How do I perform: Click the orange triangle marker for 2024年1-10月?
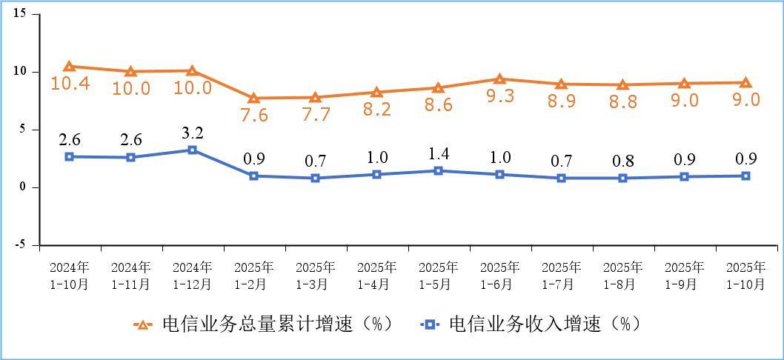click(69, 67)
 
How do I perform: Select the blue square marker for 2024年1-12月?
click(192, 150)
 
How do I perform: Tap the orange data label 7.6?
click(253, 115)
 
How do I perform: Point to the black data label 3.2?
click(192, 133)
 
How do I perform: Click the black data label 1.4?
click(438, 154)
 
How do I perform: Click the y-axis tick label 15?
click(20, 14)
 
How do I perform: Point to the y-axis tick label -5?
click(20, 244)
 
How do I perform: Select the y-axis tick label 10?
click(20, 72)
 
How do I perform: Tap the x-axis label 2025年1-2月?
click(253, 275)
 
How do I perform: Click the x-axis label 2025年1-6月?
click(499, 275)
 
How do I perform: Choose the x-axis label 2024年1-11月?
click(130, 275)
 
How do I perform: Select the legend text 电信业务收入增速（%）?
click(544, 324)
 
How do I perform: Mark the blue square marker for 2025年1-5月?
click(438, 170)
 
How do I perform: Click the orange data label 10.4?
click(70, 83)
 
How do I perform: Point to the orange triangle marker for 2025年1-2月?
click(253, 98)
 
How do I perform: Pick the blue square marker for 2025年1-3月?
click(315, 178)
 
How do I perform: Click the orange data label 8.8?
click(622, 101)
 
